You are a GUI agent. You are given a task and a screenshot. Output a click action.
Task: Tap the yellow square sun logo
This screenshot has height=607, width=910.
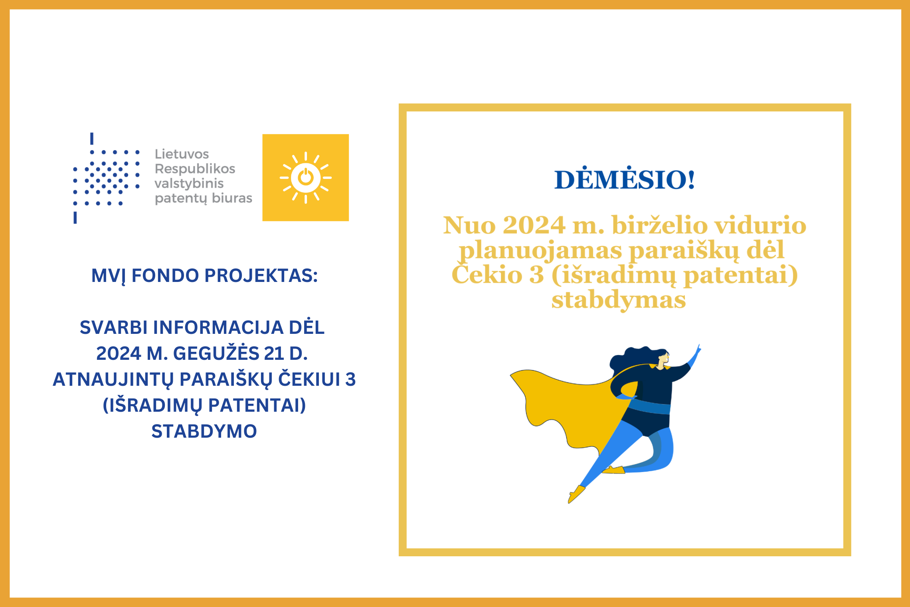[x=305, y=177]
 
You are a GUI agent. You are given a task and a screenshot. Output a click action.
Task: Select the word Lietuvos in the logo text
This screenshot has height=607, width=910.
[x=182, y=154]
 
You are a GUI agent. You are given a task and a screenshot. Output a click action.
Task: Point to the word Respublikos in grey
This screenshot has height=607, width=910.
[x=195, y=169]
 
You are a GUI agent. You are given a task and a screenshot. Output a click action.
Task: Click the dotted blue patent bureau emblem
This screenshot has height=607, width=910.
[x=106, y=178]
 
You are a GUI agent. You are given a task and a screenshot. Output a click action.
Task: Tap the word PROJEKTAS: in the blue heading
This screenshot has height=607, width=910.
[x=261, y=276]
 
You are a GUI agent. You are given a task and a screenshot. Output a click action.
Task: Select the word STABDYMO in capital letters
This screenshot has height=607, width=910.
[x=204, y=431]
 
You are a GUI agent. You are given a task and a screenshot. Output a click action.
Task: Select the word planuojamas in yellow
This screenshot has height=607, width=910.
[x=540, y=251]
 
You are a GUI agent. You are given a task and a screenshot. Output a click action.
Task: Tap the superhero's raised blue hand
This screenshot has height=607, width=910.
[x=695, y=354]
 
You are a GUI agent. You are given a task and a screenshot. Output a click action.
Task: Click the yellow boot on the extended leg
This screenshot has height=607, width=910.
[x=576, y=494]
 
